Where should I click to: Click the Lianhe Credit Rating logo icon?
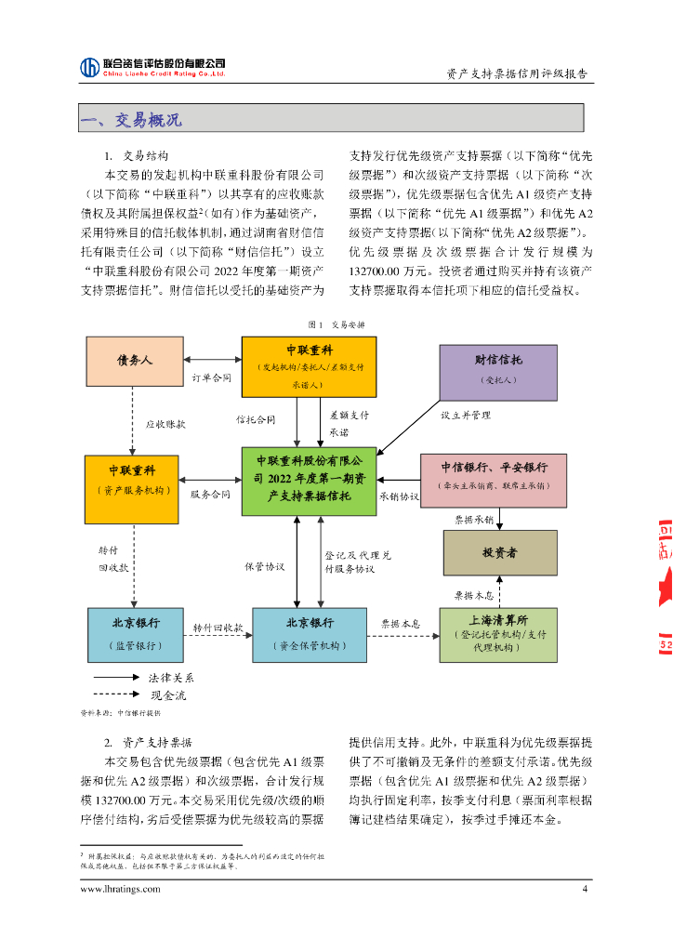click(x=90, y=67)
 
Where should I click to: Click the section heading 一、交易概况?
click(x=131, y=120)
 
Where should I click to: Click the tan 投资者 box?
click(x=499, y=553)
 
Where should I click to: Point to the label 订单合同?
click(x=212, y=378)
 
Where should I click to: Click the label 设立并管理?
click(x=465, y=415)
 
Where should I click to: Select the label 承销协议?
click(x=400, y=496)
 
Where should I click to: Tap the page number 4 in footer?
click(x=585, y=889)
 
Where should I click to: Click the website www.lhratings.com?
click(x=121, y=889)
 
